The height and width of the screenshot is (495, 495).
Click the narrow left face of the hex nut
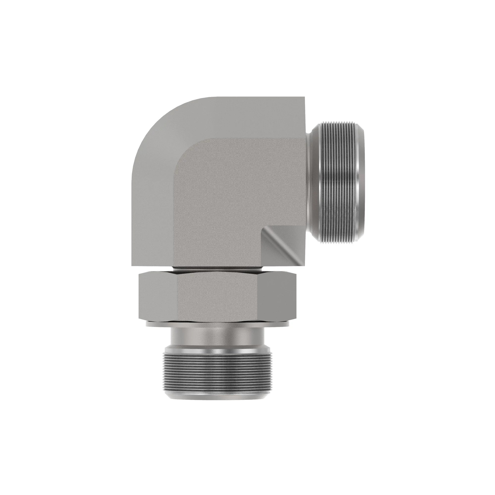[x=157, y=297]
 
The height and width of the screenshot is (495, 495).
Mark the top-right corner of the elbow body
[x=304, y=98]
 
